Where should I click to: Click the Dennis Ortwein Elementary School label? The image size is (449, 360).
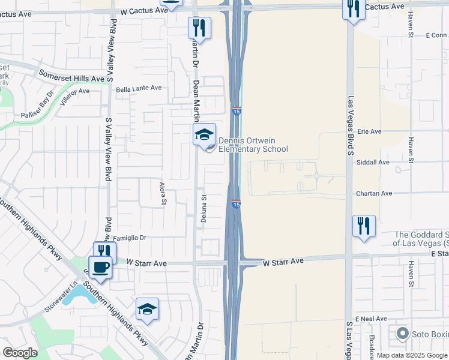[253, 145]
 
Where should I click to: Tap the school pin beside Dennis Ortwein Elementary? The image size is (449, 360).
[204, 135]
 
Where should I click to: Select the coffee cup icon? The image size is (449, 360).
[100, 266]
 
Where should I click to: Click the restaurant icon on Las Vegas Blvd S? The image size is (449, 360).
[364, 226]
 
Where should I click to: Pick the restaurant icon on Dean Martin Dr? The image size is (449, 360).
[199, 28]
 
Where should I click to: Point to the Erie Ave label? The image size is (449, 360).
[369, 131]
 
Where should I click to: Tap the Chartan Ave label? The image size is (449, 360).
[373, 193]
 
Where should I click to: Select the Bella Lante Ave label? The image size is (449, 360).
[139, 88]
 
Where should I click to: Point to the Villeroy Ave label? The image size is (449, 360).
[73, 95]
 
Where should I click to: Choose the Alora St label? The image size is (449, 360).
[162, 193]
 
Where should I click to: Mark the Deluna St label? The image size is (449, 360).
[204, 207]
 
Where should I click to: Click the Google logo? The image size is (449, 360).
[20, 352]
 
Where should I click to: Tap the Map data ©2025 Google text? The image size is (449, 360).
[412, 355]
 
